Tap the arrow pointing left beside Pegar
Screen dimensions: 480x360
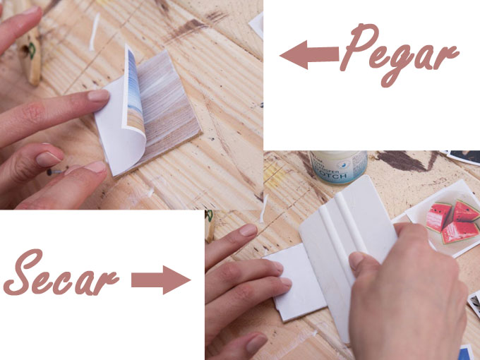309,54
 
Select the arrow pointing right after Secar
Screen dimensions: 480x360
161,280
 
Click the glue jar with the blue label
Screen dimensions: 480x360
338,167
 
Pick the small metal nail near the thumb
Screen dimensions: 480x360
55,172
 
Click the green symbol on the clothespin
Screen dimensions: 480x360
32,51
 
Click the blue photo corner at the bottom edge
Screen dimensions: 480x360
467,352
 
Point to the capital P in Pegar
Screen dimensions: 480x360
358,46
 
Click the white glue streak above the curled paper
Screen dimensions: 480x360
95,32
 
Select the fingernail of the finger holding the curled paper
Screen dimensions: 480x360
98,95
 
